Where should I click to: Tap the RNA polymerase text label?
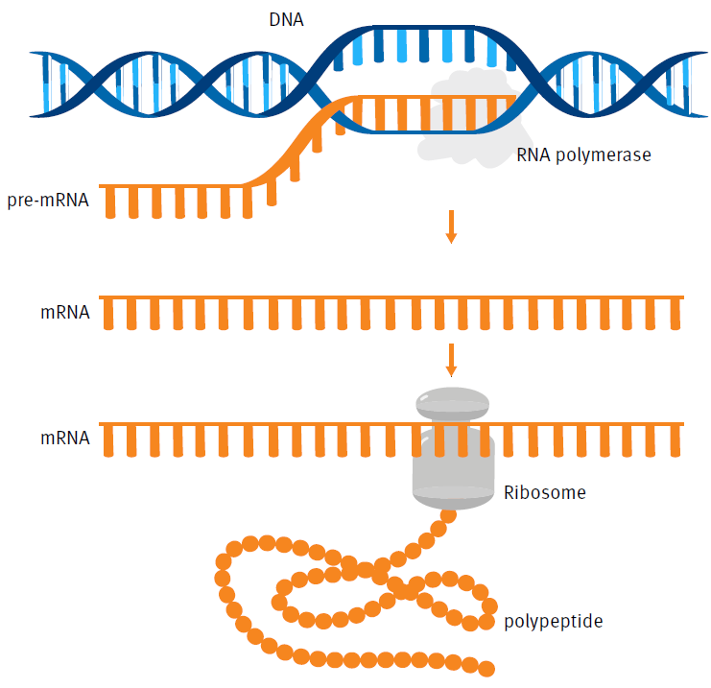pos(583,154)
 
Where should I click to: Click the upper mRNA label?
pos(65,312)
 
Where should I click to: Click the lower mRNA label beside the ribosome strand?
pos(65,438)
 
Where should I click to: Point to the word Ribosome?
pos(544,493)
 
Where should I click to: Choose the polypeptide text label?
pos(553,622)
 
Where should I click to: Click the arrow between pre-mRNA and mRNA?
pos(451,225)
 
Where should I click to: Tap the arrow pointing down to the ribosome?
pos(451,359)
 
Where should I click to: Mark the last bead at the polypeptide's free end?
pos(486,668)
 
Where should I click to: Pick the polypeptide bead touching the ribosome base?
pos(446,516)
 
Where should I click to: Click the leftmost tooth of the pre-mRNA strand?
pos(109,202)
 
